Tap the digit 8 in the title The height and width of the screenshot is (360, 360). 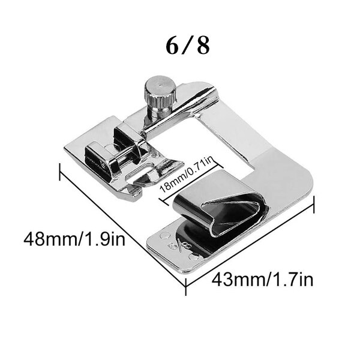click(203, 46)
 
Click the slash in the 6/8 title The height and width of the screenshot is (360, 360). click(188, 46)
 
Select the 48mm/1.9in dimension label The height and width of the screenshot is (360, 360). click(74, 239)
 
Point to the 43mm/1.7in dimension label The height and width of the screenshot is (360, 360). click(262, 280)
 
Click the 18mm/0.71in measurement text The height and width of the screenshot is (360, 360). click(187, 175)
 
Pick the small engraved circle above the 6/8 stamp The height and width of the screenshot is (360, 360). click(164, 235)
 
